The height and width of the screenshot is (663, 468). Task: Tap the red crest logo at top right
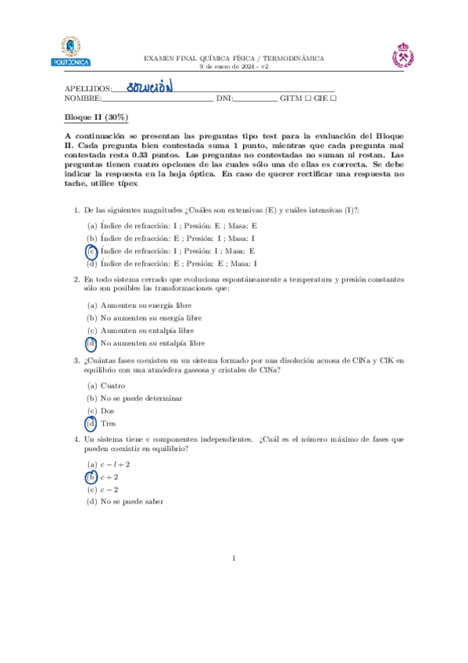(404, 56)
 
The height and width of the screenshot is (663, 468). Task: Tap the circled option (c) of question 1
(91, 251)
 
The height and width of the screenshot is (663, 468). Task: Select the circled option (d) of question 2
(91, 343)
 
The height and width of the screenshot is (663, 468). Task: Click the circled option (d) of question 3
(91, 424)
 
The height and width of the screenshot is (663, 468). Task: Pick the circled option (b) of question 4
(91, 477)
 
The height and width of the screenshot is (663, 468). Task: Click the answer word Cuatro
(113, 385)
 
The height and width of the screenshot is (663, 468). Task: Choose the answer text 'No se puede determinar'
(141, 398)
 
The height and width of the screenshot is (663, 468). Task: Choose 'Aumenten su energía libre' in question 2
(146, 305)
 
